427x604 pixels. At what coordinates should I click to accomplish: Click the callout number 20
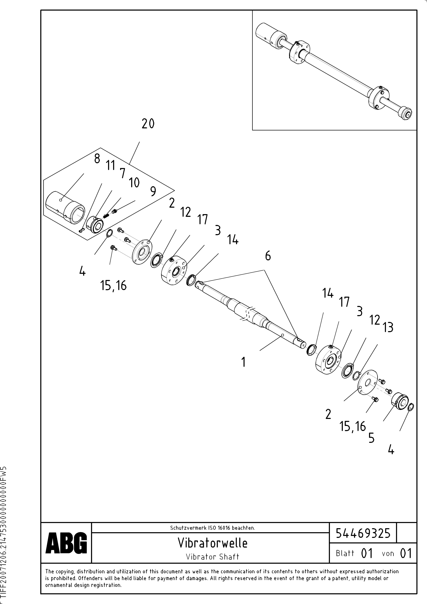point(148,124)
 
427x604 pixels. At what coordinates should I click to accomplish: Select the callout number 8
point(97,159)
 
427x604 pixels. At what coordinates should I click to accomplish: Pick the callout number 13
point(388,328)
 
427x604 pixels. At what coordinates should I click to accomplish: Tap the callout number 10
point(134,183)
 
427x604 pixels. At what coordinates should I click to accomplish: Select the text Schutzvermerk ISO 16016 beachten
point(213,528)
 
